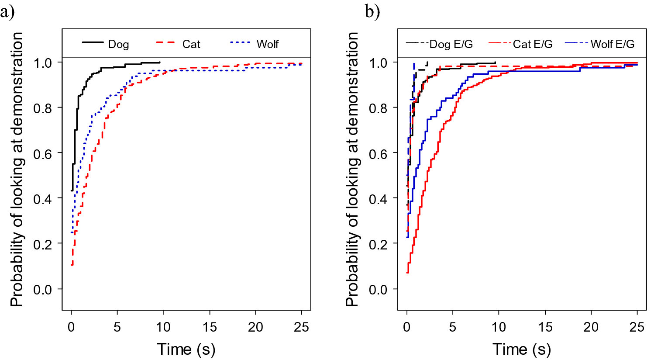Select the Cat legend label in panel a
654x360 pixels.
point(191,44)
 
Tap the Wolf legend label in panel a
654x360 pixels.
point(267,44)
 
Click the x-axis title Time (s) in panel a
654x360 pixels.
point(186,350)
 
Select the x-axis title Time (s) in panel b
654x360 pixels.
point(522,350)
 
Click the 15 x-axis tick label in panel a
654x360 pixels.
point(210,327)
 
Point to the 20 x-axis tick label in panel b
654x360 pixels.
point(591,327)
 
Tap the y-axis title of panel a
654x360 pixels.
point(17,170)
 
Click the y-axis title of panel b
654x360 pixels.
point(352,170)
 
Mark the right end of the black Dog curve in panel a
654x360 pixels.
point(160,62)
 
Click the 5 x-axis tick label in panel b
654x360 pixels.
point(453,327)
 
